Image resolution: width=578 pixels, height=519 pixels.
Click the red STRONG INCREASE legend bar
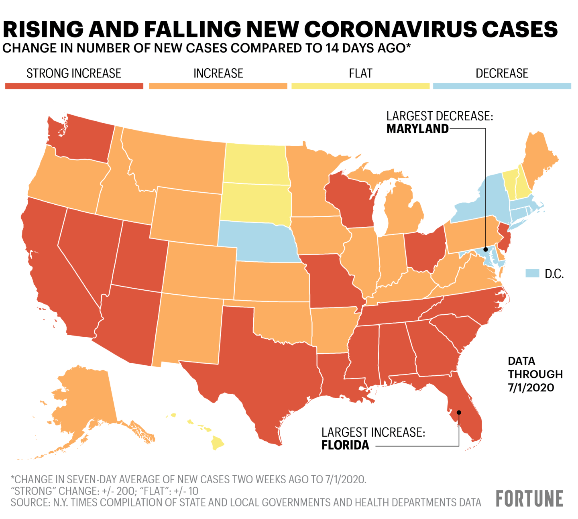74,86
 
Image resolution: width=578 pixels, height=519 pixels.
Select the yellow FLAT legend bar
360,86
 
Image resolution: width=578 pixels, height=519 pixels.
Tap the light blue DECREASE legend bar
502,86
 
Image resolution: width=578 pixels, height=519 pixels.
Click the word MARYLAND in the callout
417,129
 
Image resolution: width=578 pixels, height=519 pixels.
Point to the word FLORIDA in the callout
345,445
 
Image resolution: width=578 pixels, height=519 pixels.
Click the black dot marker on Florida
459,412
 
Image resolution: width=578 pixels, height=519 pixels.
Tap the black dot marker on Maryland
485,249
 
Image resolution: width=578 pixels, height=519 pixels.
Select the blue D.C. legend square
532,273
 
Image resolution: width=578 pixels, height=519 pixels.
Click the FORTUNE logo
529,499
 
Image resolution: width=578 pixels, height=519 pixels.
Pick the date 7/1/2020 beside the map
531,388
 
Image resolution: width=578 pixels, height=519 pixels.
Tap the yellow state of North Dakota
255,165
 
